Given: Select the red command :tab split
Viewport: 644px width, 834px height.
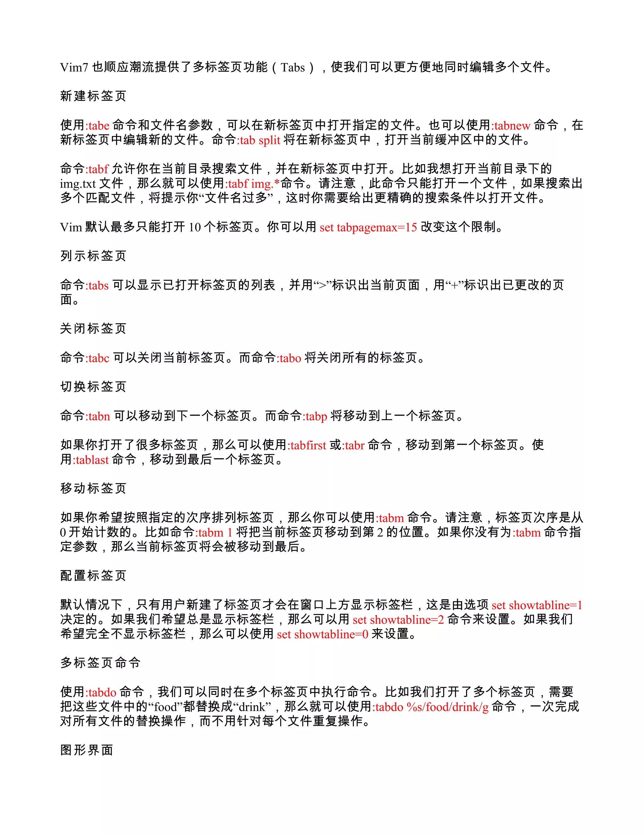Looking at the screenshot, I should (x=259, y=140).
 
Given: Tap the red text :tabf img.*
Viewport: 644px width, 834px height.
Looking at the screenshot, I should (x=252, y=184).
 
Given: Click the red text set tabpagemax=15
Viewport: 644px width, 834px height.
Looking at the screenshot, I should (x=368, y=227).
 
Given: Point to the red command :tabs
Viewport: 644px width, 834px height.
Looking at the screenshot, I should (x=97, y=285).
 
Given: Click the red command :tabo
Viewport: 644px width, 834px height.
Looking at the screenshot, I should (x=289, y=358).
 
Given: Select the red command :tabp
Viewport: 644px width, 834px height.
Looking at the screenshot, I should (x=315, y=416).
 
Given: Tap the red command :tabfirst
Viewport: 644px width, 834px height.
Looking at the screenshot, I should (x=307, y=445).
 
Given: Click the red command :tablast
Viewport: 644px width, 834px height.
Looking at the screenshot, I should (x=91, y=459).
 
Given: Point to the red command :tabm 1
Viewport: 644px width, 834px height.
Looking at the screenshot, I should (x=214, y=532).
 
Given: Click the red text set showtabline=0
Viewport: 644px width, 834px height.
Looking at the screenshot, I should (x=322, y=634).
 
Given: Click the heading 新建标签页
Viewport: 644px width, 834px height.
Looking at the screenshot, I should (x=93, y=96).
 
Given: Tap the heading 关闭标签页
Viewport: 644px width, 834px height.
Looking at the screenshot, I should (x=93, y=328).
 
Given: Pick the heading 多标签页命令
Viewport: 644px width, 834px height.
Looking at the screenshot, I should (x=100, y=662).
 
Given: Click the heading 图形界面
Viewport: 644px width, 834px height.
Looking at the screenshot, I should (x=86, y=750).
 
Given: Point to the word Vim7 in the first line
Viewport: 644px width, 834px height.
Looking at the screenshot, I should (x=74, y=68).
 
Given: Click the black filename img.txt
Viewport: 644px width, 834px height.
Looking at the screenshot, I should (x=78, y=184).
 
